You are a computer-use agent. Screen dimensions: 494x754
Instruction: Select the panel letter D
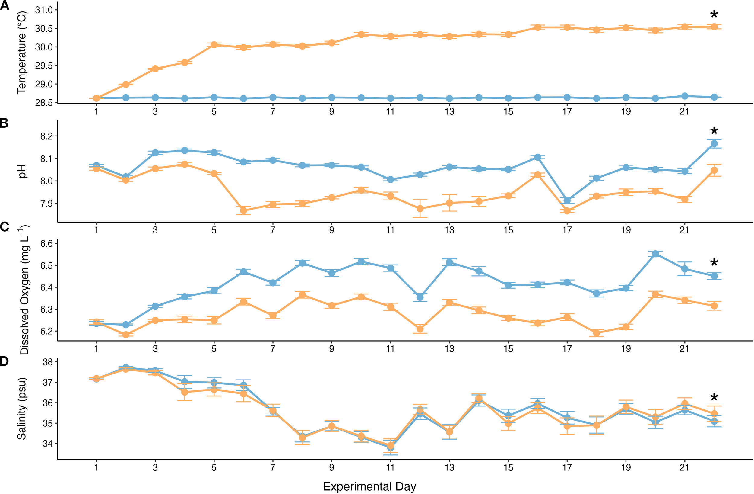tap(5, 361)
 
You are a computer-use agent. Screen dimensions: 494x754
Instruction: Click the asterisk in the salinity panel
tap(714, 398)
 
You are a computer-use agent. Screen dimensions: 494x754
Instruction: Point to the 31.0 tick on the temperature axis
tap(44, 10)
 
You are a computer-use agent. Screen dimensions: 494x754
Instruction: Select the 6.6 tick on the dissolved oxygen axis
tap(46, 244)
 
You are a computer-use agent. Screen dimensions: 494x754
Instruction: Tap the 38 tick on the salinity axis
tap(48, 362)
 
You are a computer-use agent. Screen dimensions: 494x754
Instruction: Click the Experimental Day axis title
tap(369, 486)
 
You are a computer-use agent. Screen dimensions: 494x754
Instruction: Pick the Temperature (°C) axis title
tap(21, 53)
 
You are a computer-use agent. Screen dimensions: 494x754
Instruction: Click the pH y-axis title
tap(22, 171)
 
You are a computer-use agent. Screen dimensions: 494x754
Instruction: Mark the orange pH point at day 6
tap(243, 210)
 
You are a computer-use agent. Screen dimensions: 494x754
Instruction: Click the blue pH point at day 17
tap(567, 200)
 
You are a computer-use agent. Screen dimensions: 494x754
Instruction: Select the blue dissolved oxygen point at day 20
tap(655, 254)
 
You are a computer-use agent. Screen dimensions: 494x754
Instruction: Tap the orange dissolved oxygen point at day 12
tap(420, 329)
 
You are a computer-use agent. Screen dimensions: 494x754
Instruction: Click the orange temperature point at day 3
tap(155, 69)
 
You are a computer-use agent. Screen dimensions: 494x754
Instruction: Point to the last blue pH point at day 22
tap(714, 143)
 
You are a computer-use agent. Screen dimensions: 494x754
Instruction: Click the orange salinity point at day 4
tap(185, 392)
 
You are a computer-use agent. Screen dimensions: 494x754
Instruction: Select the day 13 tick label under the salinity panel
tap(449, 467)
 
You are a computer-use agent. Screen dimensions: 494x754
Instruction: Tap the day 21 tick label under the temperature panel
tap(684, 112)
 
